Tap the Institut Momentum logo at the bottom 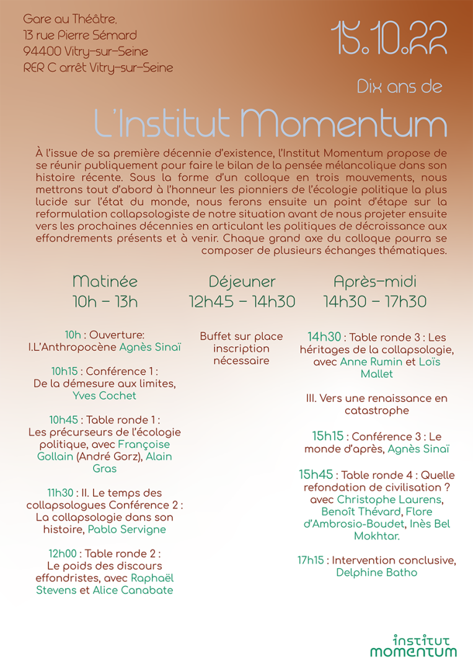[413, 645]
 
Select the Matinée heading [105, 281]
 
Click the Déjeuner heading [242, 282]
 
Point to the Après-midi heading [375, 281]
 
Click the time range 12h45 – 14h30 [242, 302]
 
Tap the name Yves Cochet [104, 395]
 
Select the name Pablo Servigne [126, 530]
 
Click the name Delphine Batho [376, 572]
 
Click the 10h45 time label [64, 419]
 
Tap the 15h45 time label [316, 475]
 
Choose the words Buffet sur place [241, 336]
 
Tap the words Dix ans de [399, 87]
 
